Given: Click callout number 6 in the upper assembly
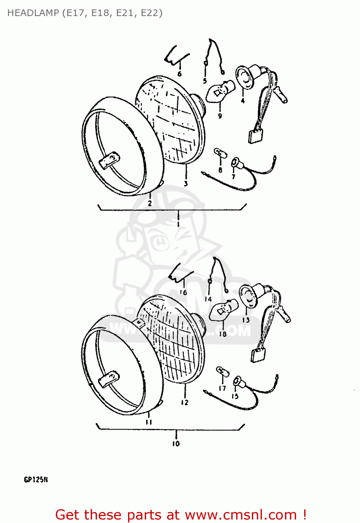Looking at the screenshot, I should [179, 74].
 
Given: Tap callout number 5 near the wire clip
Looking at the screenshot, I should [205, 81].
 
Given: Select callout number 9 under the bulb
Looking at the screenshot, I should [220, 116].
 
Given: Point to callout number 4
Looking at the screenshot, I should [243, 101].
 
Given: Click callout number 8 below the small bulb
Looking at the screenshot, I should [220, 170].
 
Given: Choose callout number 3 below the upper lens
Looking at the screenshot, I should [186, 183].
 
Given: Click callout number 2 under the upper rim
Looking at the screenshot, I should [150, 203].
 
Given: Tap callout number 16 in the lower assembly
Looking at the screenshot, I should [183, 292].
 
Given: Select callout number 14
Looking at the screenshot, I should [208, 299].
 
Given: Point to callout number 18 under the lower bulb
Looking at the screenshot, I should [223, 334].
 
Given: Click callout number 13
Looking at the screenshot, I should [246, 320].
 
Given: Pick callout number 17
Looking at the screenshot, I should [222, 388].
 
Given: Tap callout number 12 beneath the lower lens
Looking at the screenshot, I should [185, 402].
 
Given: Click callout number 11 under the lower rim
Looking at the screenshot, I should [149, 422].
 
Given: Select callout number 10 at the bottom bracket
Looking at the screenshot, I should [176, 444].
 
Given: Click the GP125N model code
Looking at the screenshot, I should [36, 480].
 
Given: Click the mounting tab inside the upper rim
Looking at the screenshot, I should [109, 161].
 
